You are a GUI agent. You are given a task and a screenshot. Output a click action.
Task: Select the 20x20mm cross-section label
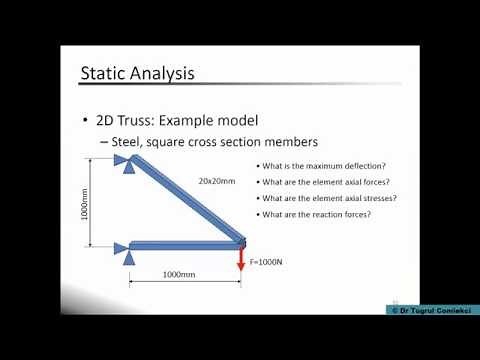[216, 182]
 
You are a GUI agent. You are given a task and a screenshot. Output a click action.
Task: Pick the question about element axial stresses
[327, 198]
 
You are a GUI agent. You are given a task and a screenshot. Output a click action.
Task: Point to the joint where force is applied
[241, 240]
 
